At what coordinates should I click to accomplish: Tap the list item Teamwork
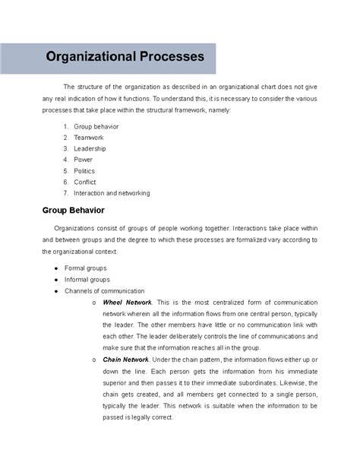89,137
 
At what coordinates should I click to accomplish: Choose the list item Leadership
91,148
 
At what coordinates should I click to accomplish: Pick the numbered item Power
83,160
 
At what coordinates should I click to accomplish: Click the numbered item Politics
84,170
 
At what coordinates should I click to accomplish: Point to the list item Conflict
86,182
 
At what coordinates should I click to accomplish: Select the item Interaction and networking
112,193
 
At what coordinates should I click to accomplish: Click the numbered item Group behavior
96,126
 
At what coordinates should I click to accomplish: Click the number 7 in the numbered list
66,193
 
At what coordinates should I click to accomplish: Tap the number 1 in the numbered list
66,126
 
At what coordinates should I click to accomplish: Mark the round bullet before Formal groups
57,268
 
